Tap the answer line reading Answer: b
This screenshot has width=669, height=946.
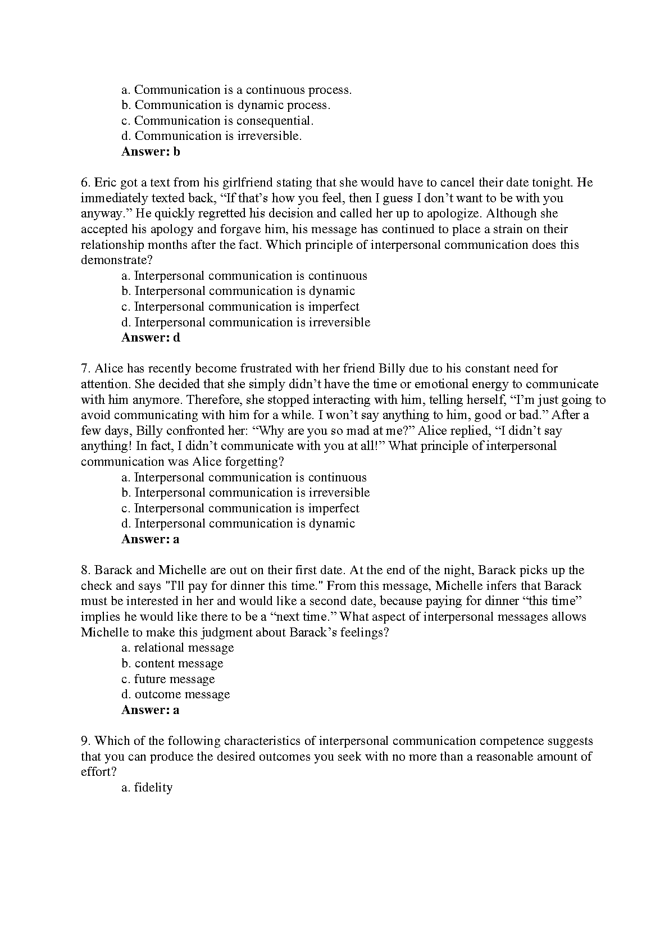pyautogui.click(x=151, y=152)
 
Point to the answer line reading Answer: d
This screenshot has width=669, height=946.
pyautogui.click(x=151, y=338)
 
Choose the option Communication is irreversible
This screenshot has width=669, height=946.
pyautogui.click(x=212, y=136)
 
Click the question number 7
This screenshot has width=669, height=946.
pyautogui.click(x=85, y=369)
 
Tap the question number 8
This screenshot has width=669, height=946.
pyautogui.click(x=85, y=570)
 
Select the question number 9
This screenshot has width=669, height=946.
pyautogui.click(x=85, y=741)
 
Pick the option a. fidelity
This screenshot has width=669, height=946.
pyautogui.click(x=147, y=788)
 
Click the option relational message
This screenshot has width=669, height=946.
pyautogui.click(x=178, y=648)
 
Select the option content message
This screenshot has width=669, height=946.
pyautogui.click(x=172, y=663)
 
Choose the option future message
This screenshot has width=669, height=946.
pyautogui.click(x=168, y=679)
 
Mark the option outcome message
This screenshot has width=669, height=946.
pyautogui.click(x=176, y=694)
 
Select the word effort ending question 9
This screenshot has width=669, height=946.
pyautogui.click(x=97, y=772)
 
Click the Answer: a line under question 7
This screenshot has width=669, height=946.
pyautogui.click(x=150, y=539)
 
